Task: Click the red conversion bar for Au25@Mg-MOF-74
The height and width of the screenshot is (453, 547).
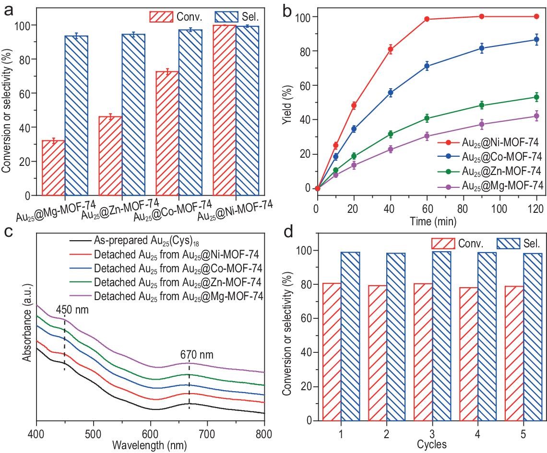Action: click(53, 168)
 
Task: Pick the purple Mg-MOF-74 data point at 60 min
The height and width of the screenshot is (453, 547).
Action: click(427, 136)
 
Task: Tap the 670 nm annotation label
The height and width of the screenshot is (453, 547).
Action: click(197, 355)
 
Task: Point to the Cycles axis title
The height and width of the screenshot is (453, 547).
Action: click(432, 444)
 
